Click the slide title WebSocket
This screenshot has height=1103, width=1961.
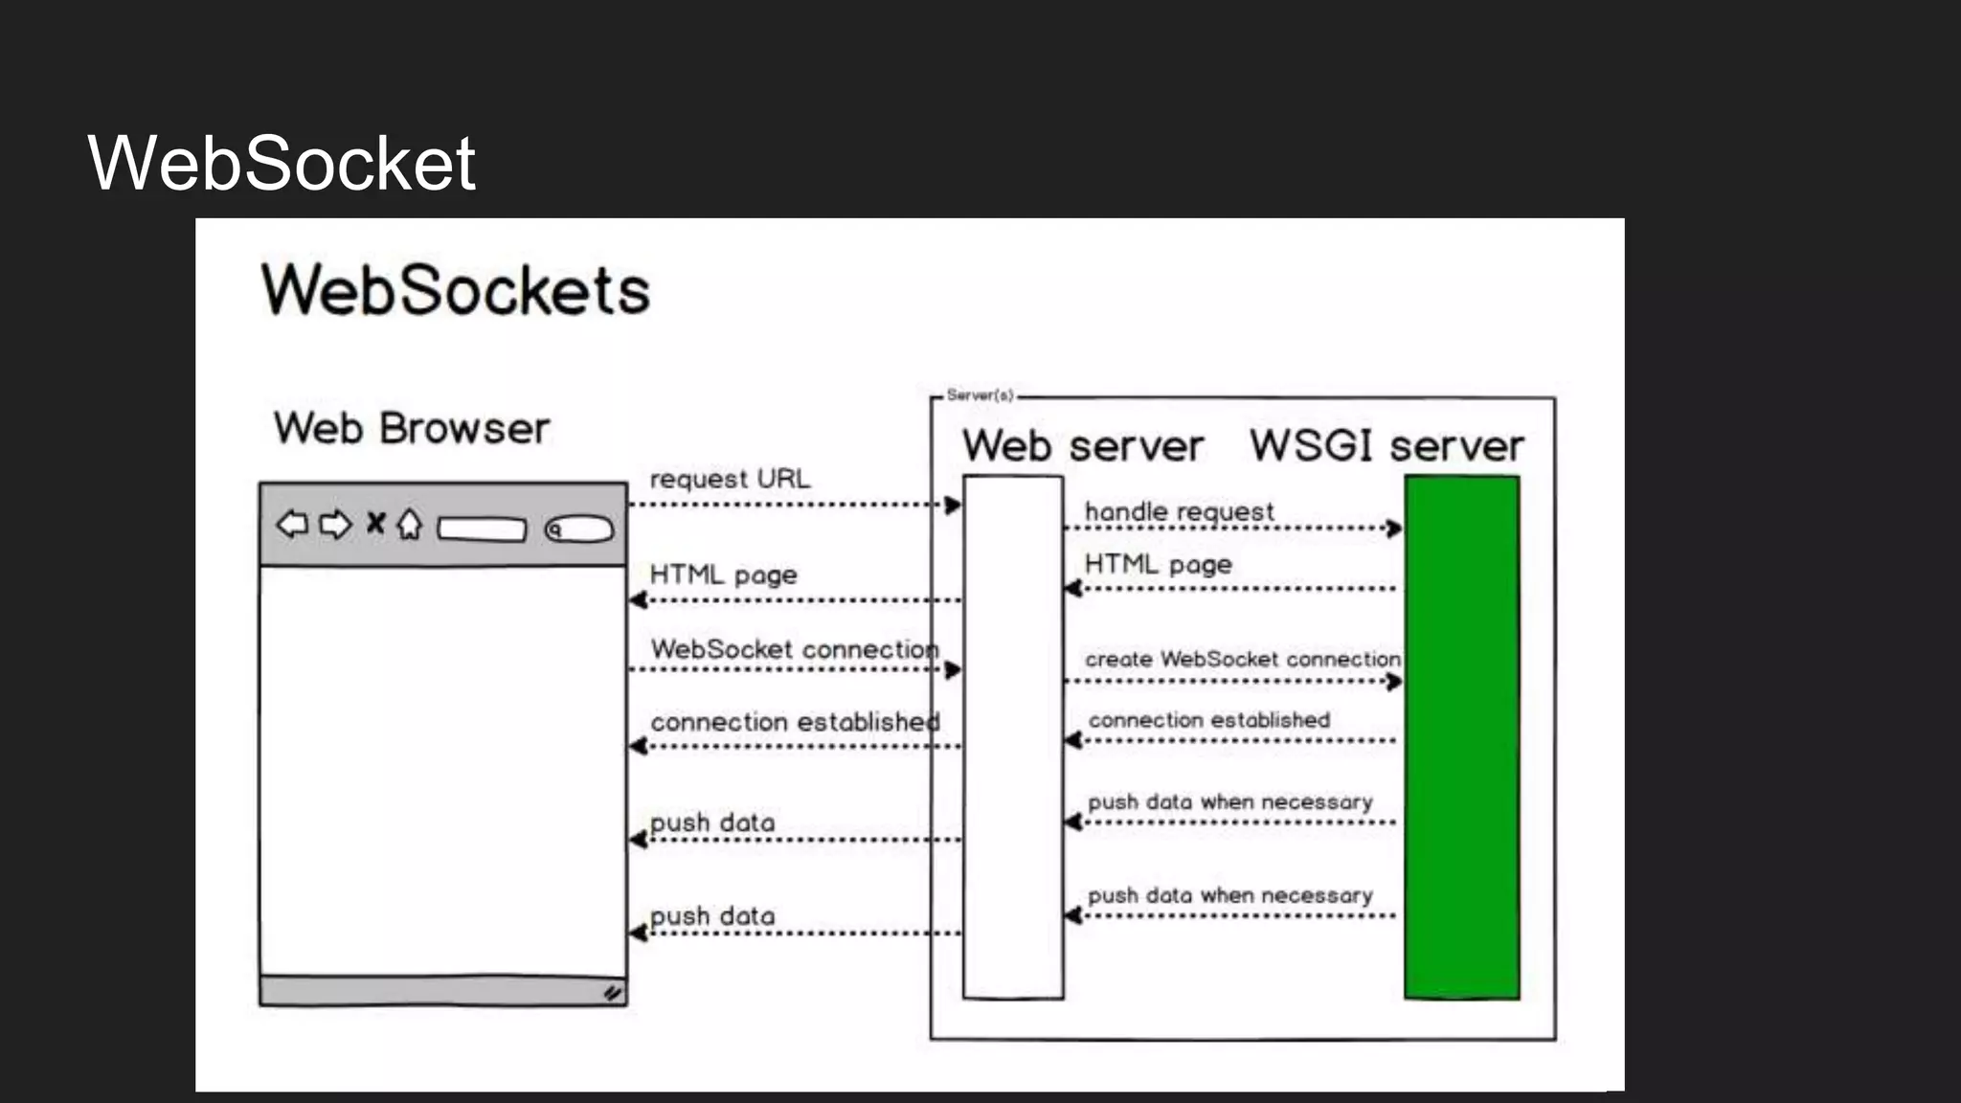pyautogui.click(x=281, y=164)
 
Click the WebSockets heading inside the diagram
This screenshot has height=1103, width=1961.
pyautogui.click(x=456, y=290)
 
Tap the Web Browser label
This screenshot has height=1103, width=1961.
pyautogui.click(x=412, y=428)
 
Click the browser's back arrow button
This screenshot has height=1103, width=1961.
pyautogui.click(x=292, y=524)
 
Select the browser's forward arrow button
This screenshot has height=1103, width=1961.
pyautogui.click(x=335, y=525)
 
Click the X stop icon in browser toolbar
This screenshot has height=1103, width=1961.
pyautogui.click(x=376, y=523)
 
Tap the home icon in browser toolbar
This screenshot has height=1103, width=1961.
pyautogui.click(x=410, y=524)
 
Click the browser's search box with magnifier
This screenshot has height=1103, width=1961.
pyautogui.click(x=578, y=529)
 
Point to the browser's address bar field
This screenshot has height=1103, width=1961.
pyautogui.click(x=482, y=529)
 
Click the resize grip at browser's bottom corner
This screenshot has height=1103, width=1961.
pyautogui.click(x=613, y=994)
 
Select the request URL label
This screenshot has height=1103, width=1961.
pyautogui.click(x=730, y=479)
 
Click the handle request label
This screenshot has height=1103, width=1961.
pyautogui.click(x=1179, y=512)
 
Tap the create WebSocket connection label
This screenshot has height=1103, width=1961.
pyautogui.click(x=1242, y=660)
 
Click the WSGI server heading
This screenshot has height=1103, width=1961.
pyautogui.click(x=1386, y=446)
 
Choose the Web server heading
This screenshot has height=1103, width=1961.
pyautogui.click(x=1082, y=446)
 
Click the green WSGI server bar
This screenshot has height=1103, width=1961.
pyautogui.click(x=1461, y=737)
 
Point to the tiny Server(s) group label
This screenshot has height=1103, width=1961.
pyautogui.click(x=980, y=394)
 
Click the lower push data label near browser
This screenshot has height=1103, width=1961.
pyautogui.click(x=712, y=916)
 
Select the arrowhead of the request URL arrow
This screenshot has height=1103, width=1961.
pyautogui.click(x=953, y=505)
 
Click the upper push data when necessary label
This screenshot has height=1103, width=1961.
pyautogui.click(x=1229, y=802)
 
